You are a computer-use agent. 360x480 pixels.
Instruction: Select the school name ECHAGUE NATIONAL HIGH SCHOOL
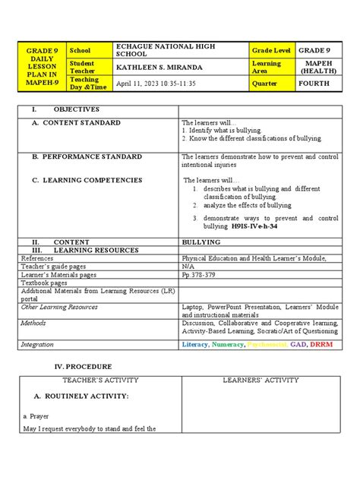click(165, 51)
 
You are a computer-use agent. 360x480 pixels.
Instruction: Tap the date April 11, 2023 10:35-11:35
click(156, 84)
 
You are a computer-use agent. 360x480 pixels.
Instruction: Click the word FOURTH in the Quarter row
click(314, 84)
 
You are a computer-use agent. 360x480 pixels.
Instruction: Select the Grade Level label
click(271, 51)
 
